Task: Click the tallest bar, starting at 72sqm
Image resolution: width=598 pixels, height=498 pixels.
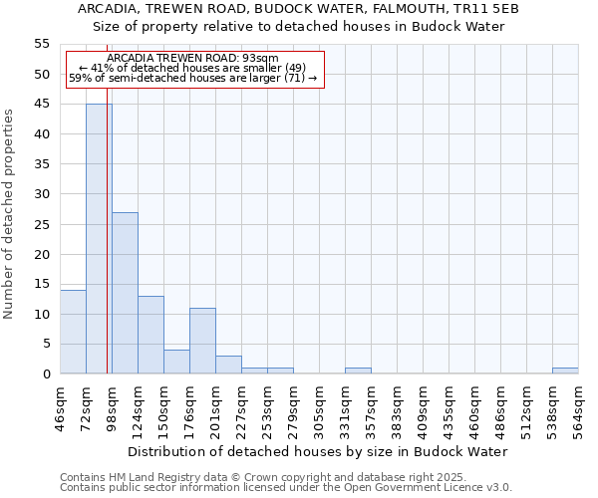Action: pos(99,239)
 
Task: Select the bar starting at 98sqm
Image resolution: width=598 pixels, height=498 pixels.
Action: pos(125,293)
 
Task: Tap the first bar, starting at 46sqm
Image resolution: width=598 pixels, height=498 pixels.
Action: pos(73,332)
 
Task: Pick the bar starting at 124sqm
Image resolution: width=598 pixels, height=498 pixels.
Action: pos(150,335)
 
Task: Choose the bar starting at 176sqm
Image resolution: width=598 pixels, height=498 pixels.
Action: pos(202,341)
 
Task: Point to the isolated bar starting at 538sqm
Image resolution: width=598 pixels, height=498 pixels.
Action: pos(565,371)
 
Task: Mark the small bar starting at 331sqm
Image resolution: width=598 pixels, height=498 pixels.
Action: pos(358,371)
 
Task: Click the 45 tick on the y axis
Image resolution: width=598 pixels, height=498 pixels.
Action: pos(42,105)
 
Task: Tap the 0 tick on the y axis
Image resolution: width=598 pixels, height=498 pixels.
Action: pos(46,374)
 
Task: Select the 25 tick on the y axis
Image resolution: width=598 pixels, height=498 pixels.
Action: pos(42,224)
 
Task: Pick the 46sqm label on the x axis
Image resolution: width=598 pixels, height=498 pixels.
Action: pos(60,406)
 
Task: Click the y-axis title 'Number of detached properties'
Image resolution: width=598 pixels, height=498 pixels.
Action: pos(9,214)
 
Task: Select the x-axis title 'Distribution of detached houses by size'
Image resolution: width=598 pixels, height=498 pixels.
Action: pos(318,451)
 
